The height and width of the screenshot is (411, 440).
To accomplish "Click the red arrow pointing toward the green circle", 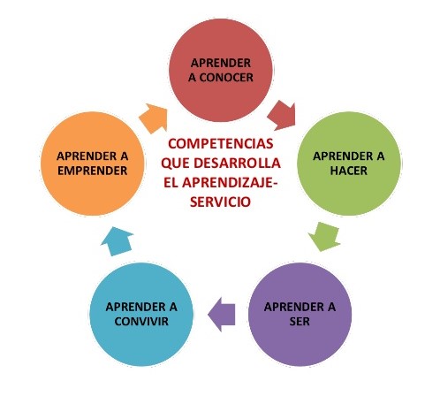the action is click(282, 115).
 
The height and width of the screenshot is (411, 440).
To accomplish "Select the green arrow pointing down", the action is click(325, 236).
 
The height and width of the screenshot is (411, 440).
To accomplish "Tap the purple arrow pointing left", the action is click(222, 315).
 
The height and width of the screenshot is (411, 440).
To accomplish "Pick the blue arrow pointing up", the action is click(118, 241).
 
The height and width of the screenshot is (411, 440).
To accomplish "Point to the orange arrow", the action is click(154, 118).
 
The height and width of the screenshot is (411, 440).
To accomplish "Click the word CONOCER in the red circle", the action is click(226, 78).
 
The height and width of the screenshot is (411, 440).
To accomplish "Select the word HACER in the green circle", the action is click(349, 171).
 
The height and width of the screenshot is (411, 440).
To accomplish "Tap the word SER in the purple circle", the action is click(300, 321).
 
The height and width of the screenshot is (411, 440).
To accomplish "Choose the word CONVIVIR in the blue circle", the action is click(141, 321).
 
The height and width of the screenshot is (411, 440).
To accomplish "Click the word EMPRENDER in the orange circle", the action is click(93, 171).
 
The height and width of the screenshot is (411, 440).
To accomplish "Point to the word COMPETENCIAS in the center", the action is click(221, 144).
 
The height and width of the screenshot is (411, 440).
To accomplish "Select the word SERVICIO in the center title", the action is click(220, 202).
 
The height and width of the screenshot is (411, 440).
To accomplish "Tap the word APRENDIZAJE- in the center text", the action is click(230, 183).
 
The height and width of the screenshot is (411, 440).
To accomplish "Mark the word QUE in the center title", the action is click(175, 164).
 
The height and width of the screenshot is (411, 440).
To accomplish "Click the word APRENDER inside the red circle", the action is click(221, 63).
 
